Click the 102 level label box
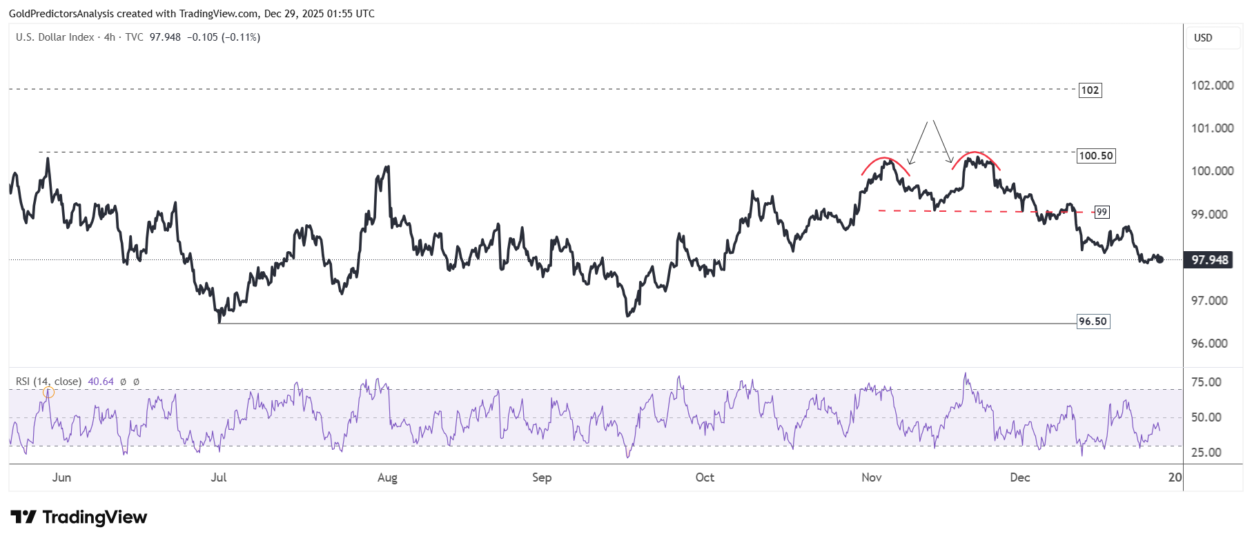(1090, 90)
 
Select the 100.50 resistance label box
(1096, 156)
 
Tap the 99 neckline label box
(1102, 213)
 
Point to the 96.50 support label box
(1093, 322)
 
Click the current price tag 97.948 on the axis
(1210, 260)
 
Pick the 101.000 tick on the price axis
(1212, 128)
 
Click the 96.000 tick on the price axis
(1209, 344)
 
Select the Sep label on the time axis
(542, 477)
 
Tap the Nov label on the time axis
(872, 477)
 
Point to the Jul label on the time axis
(218, 477)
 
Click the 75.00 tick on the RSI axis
(1206, 382)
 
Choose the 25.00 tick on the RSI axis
(1206, 453)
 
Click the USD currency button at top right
(1203, 38)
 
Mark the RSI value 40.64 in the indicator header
(101, 382)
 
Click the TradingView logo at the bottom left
(79, 517)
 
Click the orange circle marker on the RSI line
(48, 393)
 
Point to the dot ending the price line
(1160, 259)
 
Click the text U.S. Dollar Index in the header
(55, 37)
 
